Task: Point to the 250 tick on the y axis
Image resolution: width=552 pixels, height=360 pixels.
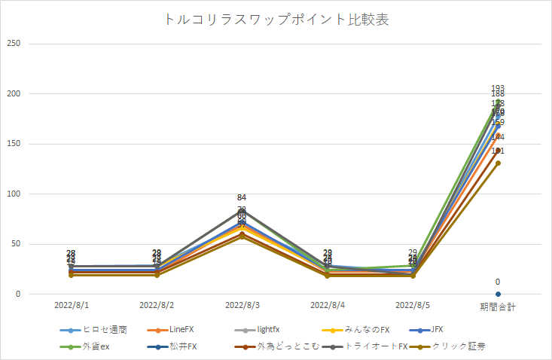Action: click(14, 44)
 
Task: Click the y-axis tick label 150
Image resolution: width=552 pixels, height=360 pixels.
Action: click(14, 144)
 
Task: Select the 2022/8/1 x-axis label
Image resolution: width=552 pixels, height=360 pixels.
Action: click(72, 307)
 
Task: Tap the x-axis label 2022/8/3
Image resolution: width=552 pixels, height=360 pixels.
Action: click(242, 307)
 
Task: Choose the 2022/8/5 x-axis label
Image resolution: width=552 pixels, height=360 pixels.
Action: click(413, 307)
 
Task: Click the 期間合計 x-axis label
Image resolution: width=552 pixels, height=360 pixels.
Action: click(498, 307)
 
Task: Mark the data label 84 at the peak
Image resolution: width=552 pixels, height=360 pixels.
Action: click(242, 198)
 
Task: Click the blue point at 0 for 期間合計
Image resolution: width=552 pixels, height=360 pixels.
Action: click(498, 294)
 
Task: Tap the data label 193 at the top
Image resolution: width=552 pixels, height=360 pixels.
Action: click(498, 88)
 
